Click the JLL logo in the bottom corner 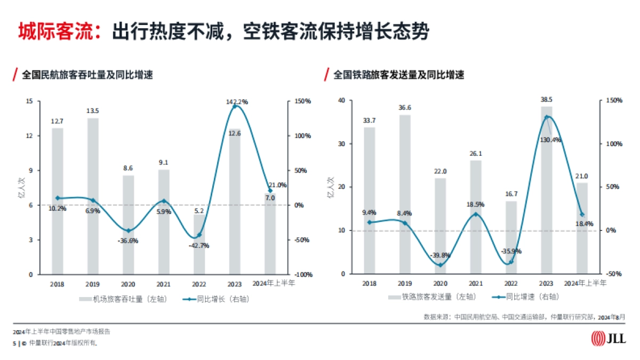[x=608, y=339]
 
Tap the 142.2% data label [x=236, y=101]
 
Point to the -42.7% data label [x=198, y=245]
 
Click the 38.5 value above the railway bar [x=546, y=99]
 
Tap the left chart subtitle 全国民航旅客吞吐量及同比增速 [x=87, y=75]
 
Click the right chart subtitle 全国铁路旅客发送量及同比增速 [x=399, y=75]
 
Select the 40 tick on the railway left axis [x=341, y=100]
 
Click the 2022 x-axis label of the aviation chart [x=199, y=284]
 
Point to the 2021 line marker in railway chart [x=475, y=214]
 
